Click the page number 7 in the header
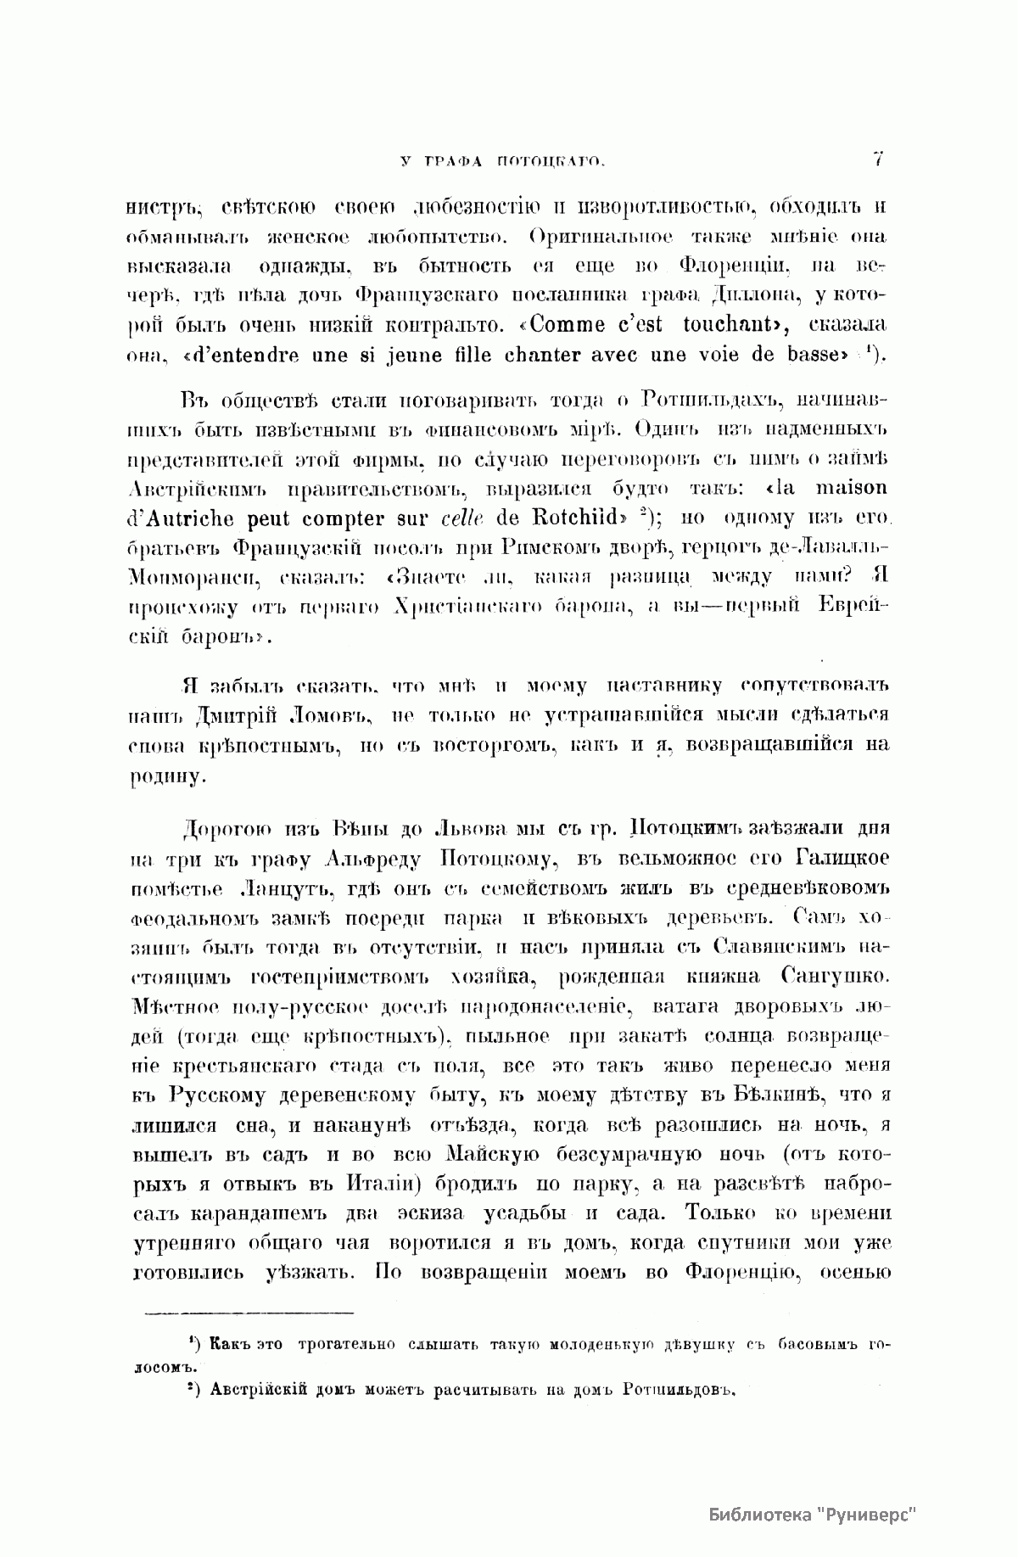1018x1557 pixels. click(x=878, y=158)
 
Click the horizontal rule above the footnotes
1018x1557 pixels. click(x=249, y=1314)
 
